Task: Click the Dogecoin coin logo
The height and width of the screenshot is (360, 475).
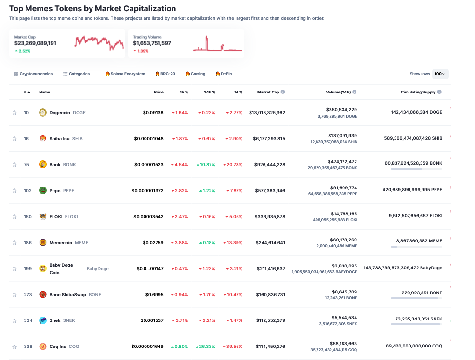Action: pyautogui.click(x=42, y=113)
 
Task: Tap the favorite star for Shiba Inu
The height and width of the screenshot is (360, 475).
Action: pyautogui.click(x=14, y=139)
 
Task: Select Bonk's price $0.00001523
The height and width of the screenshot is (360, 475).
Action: pyautogui.click(x=149, y=165)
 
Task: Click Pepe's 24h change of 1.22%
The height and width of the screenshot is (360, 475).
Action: pyautogui.click(x=207, y=191)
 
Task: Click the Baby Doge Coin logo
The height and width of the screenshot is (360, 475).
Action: pyautogui.click(x=42, y=268)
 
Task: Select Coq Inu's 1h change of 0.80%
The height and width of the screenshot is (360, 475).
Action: pyautogui.click(x=180, y=347)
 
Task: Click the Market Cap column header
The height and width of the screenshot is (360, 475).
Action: pyautogui.click(x=268, y=92)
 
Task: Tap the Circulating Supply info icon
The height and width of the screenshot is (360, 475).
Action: pyautogui.click(x=439, y=92)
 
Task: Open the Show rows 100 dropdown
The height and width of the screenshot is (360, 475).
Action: pyautogui.click(x=440, y=74)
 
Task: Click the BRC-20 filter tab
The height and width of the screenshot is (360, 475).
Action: pyautogui.click(x=165, y=74)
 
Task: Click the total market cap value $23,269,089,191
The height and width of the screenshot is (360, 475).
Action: pyautogui.click(x=35, y=43)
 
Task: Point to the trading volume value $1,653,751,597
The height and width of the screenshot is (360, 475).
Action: pyautogui.click(x=152, y=43)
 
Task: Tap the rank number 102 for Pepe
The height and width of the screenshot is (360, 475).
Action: pyautogui.click(x=28, y=191)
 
